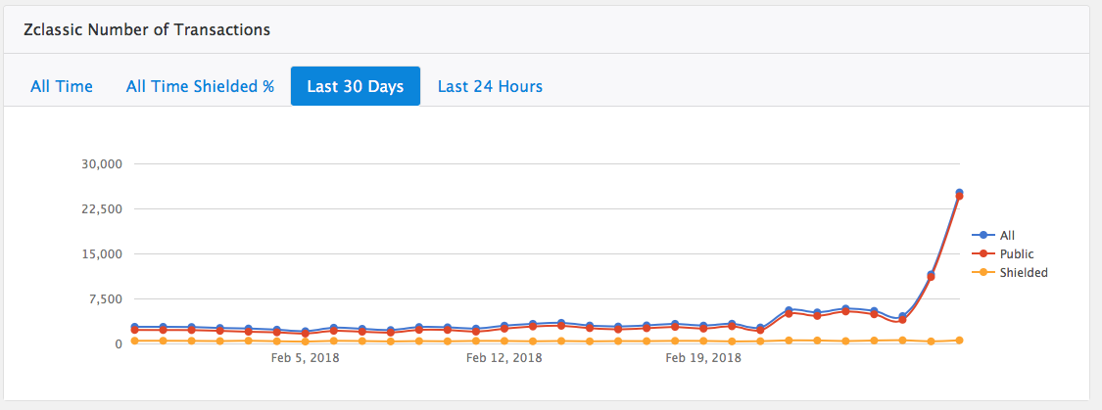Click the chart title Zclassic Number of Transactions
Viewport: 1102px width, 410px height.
[147, 29]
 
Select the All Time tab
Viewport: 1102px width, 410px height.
[62, 86]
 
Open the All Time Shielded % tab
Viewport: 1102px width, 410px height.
[200, 86]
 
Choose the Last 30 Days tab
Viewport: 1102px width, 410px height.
[355, 86]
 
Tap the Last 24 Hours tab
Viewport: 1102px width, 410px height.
[490, 86]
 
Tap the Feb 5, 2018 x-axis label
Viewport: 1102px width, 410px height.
[305, 358]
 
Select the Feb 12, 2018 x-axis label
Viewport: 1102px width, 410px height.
[503, 358]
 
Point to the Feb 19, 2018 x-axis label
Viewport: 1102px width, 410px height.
[703, 358]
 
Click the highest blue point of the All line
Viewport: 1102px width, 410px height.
[960, 193]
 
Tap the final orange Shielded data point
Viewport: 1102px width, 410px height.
[960, 341]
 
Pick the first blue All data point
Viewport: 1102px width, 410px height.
[135, 327]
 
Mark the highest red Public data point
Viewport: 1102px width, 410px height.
[960, 197]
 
